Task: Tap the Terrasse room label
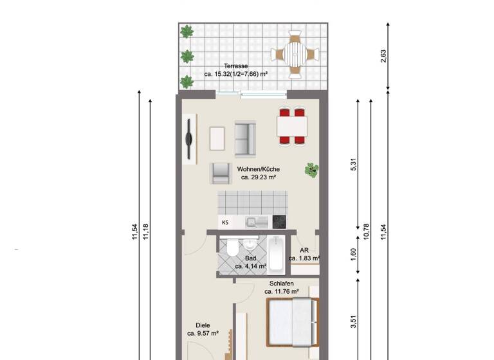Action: (236, 66)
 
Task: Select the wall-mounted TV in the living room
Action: (188, 139)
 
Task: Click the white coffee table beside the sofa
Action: (217, 138)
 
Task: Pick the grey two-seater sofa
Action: (245, 138)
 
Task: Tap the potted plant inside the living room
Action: (312, 170)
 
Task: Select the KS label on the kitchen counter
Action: (225, 222)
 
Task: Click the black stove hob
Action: (279, 222)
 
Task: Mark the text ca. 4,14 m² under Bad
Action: (250, 265)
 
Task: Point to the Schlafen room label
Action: (282, 283)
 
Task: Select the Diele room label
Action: (203, 325)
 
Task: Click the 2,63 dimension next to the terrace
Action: (384, 57)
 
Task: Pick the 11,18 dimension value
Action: (146, 231)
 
